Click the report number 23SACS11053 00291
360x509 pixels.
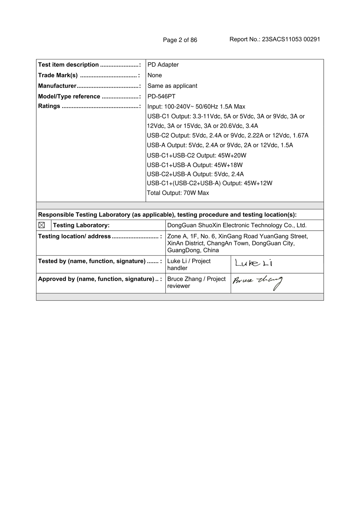[291, 39]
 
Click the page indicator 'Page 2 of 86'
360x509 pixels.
[180, 40]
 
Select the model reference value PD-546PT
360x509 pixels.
[161, 96]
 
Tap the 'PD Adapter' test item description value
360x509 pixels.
[163, 64]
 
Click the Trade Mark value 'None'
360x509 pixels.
[154, 75]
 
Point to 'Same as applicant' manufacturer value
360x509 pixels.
[172, 86]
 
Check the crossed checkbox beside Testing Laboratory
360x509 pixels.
[42, 225]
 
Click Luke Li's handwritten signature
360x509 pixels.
[253, 263]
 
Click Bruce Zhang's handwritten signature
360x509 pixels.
[257, 282]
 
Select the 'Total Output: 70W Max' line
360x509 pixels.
[178, 193]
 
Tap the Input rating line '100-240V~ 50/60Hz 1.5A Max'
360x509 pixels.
[196, 106]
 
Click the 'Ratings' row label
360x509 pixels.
[49, 106]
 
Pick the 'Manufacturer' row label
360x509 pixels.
[57, 86]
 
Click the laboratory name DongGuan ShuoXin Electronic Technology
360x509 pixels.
[237, 225]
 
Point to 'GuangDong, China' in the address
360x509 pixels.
[193, 250]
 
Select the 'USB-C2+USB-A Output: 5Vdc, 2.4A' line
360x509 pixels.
[195, 174]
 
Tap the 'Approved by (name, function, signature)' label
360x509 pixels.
[96, 279]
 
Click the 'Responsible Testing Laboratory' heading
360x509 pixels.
[167, 214]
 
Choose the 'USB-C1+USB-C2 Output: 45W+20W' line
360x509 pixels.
[196, 155]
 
